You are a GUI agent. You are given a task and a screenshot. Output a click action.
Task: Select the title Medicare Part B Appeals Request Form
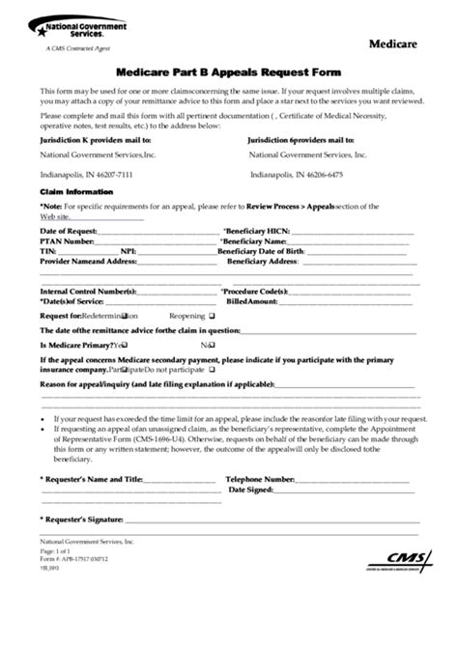click(x=228, y=71)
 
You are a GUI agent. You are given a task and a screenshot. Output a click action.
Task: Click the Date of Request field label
click(x=68, y=233)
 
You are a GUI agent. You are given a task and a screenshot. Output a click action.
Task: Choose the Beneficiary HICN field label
click(x=256, y=233)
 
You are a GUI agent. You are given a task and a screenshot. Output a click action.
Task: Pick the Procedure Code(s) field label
click(x=254, y=292)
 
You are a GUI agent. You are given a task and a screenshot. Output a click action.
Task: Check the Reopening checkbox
click(x=211, y=316)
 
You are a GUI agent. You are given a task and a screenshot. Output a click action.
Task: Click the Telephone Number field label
click(x=260, y=479)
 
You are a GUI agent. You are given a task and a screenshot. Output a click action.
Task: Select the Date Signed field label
click(x=249, y=490)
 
